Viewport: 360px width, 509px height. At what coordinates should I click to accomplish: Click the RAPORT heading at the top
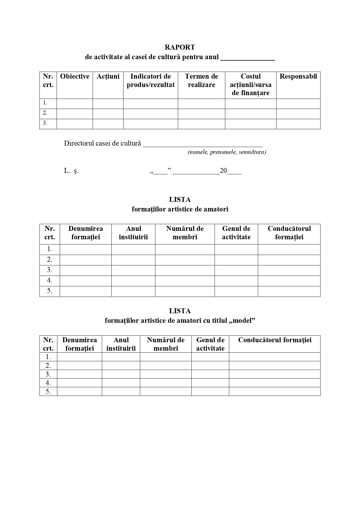pyautogui.click(x=180, y=47)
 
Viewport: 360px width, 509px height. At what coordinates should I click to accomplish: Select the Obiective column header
pyautogui.click(x=75, y=77)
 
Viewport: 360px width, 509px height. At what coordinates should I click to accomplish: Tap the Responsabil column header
pyautogui.click(x=298, y=77)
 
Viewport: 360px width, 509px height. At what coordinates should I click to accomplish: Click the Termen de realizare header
pyautogui.click(x=201, y=81)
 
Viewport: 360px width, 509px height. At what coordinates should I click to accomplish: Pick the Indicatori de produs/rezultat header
pyautogui.click(x=151, y=81)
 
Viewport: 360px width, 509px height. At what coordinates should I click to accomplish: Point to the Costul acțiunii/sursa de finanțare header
pyautogui.click(x=251, y=85)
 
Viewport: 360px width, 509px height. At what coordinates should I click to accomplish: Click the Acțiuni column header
pyautogui.click(x=108, y=77)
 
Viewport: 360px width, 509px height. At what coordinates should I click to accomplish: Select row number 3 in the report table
pyautogui.click(x=45, y=123)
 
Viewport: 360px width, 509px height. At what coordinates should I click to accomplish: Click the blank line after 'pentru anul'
pyautogui.click(x=247, y=58)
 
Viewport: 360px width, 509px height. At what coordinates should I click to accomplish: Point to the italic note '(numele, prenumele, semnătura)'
pyautogui.click(x=227, y=152)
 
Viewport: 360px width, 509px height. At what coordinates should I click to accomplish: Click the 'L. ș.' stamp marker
pyautogui.click(x=71, y=171)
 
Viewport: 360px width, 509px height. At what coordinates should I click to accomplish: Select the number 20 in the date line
pyautogui.click(x=223, y=171)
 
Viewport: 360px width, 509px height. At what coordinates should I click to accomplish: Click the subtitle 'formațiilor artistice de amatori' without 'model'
pyautogui.click(x=180, y=209)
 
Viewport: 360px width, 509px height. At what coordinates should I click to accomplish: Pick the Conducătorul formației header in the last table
pyautogui.click(x=274, y=340)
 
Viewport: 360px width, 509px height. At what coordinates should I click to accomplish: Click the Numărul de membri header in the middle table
pyautogui.click(x=185, y=233)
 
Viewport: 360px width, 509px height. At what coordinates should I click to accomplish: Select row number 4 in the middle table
pyautogui.click(x=50, y=280)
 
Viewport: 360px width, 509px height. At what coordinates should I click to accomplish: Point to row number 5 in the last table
pyautogui.click(x=48, y=392)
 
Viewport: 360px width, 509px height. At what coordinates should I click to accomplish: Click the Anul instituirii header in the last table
pyautogui.click(x=121, y=344)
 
